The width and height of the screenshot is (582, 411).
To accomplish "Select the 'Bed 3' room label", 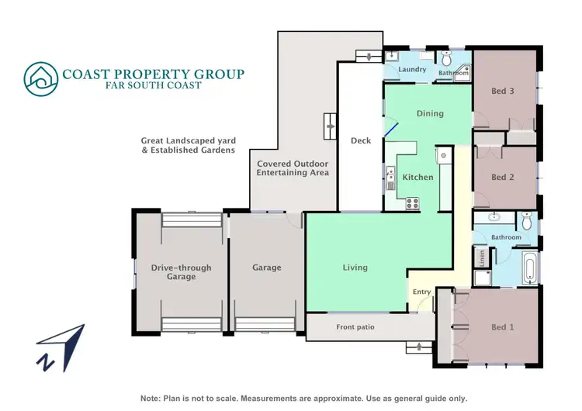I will pyautogui.click(x=503, y=91).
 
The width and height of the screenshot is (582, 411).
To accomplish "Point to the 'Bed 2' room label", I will pyautogui.click(x=503, y=177).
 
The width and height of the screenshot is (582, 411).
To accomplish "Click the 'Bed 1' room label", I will pyautogui.click(x=503, y=327).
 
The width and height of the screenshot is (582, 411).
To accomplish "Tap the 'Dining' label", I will pyautogui.click(x=430, y=113).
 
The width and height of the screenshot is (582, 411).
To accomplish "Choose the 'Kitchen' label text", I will pyautogui.click(x=417, y=178).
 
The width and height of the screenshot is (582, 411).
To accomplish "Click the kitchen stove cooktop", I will pyautogui.click(x=411, y=204).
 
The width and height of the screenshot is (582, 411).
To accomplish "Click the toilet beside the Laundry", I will pyautogui.click(x=448, y=59).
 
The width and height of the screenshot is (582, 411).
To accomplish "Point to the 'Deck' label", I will pyautogui.click(x=361, y=140).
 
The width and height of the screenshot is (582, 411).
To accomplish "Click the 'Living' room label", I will pyautogui.click(x=355, y=268).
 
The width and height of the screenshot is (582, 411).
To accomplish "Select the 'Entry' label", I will pyautogui.click(x=421, y=292).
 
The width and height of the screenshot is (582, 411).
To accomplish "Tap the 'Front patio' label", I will pyautogui.click(x=355, y=327).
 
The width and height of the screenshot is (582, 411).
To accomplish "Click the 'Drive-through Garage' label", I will pyautogui.click(x=181, y=272).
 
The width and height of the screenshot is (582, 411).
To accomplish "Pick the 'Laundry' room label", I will pyautogui.click(x=412, y=70).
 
